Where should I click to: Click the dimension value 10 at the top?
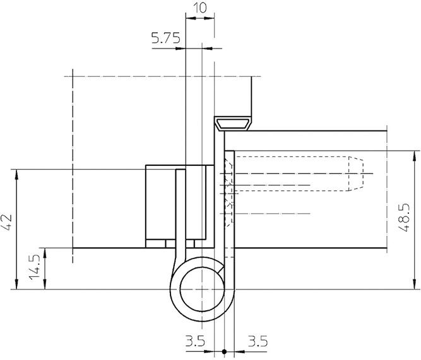click(200, 8)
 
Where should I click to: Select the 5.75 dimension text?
click(165, 38)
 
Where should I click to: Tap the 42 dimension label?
click(6, 222)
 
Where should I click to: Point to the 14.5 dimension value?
click(35, 267)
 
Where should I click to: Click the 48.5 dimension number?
click(403, 218)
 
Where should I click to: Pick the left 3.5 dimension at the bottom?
click(195, 341)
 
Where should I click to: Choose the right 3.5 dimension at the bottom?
click(258, 341)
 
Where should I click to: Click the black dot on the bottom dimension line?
click(224, 351)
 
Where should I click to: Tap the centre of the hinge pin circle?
click(202, 289)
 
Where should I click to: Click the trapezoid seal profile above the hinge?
click(234, 124)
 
